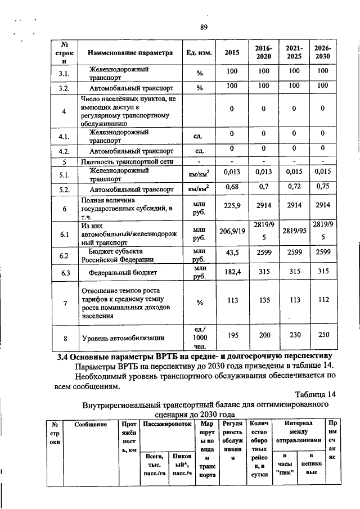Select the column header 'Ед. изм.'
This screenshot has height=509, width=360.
tap(199, 53)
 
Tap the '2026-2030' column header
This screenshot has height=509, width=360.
tap(322, 53)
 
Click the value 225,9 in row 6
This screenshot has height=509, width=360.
tap(232, 206)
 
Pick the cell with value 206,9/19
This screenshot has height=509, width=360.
tap(232, 231)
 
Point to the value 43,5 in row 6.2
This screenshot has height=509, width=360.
tap(232, 254)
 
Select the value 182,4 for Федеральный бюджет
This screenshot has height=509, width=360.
tap(232, 272)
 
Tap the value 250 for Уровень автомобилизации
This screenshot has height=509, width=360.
tap(322, 335)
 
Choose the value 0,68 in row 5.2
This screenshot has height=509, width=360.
tap(232, 187)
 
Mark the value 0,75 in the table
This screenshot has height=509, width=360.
tap(322, 187)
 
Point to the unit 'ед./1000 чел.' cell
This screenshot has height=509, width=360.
tap(199, 338)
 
